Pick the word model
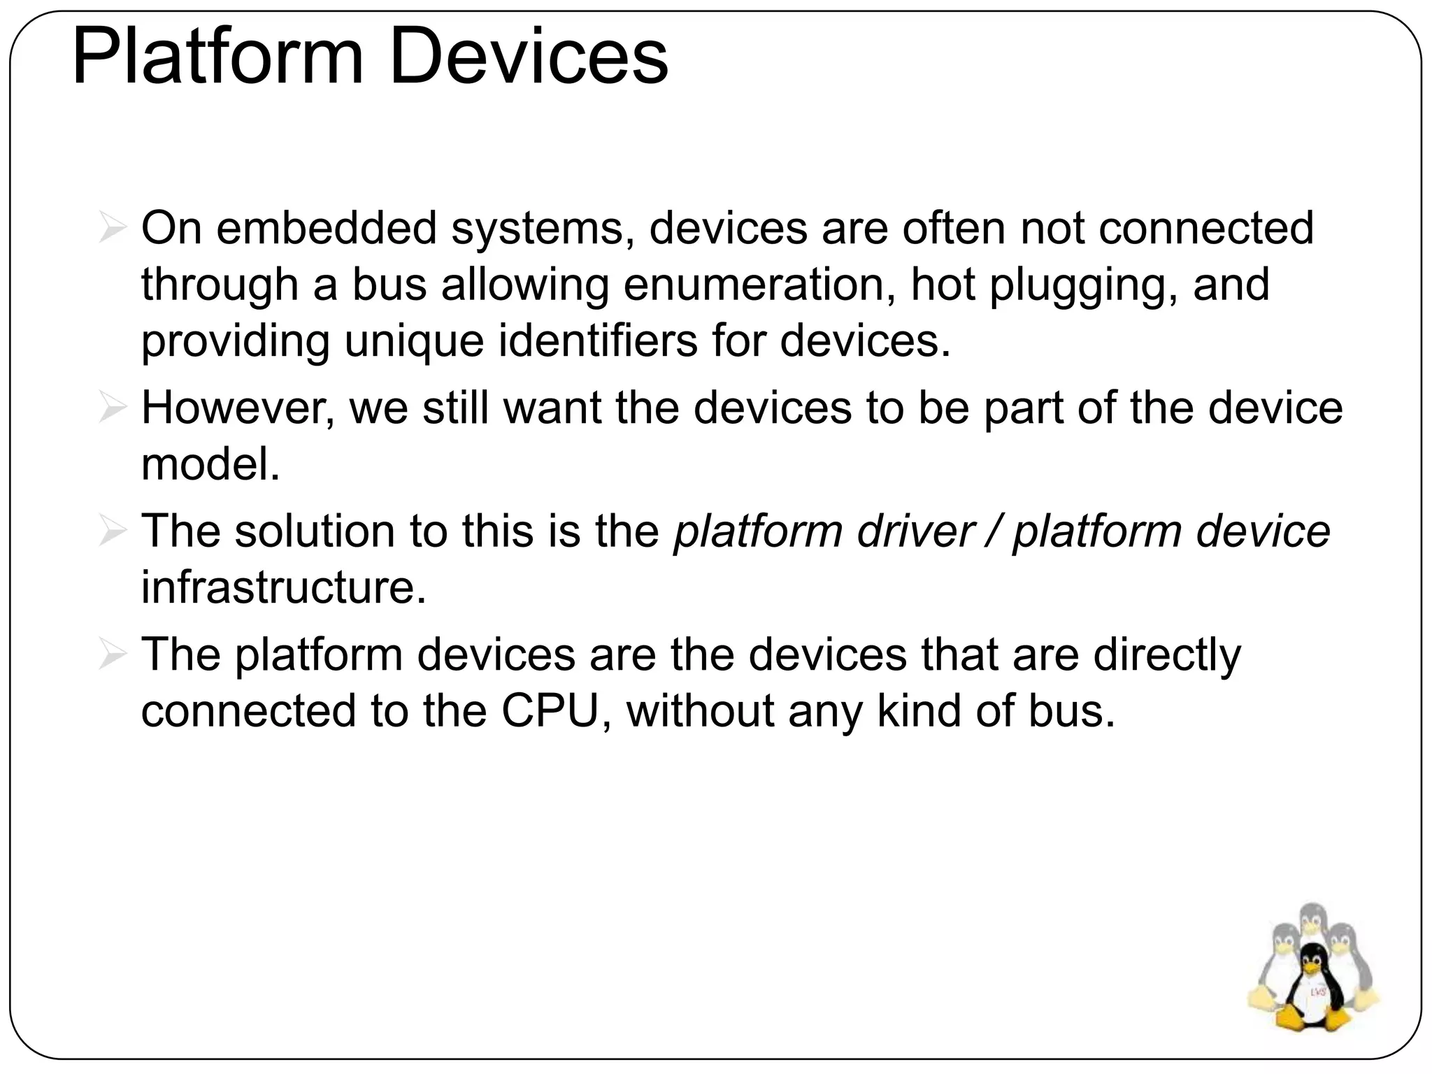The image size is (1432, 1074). point(210,464)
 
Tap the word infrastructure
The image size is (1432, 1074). point(283,587)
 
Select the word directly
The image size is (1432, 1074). point(1167,656)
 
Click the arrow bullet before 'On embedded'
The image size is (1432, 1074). point(112,229)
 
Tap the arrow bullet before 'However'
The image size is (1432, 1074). point(112,409)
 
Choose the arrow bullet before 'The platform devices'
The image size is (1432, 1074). point(112,656)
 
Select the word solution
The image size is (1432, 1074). point(315,531)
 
